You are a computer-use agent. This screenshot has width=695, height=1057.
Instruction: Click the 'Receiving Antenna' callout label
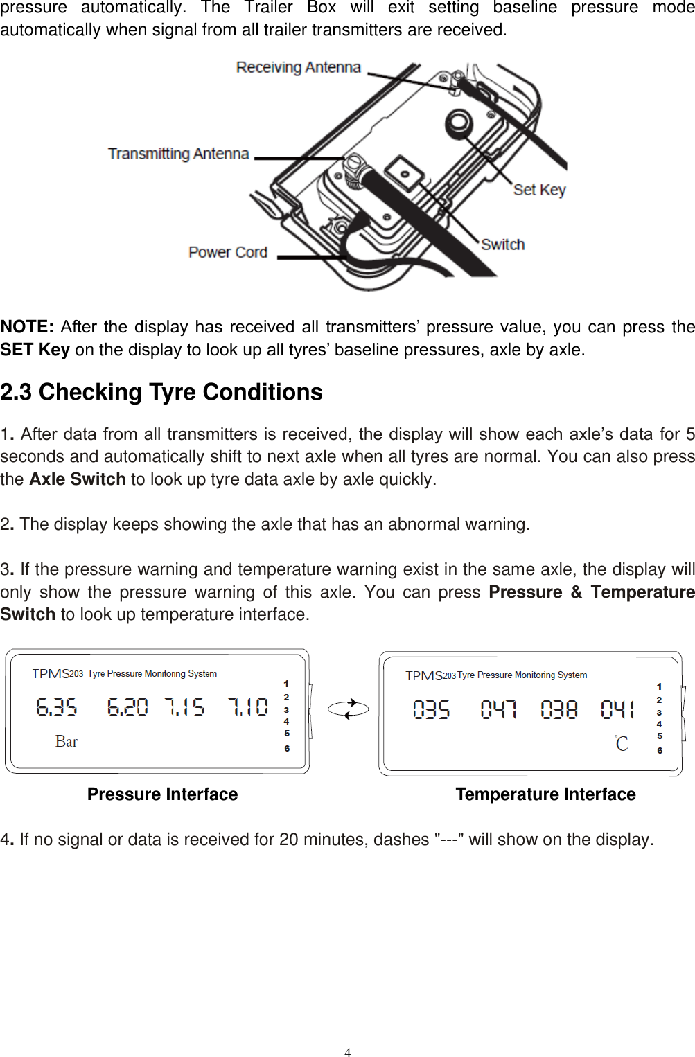pos(298,67)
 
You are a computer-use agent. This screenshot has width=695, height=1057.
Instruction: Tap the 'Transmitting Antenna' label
pos(178,154)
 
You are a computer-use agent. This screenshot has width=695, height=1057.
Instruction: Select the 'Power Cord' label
pos(228,252)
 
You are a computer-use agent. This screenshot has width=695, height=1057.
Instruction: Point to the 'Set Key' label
pos(539,190)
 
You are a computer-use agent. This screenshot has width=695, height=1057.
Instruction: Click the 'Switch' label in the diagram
pos(503,245)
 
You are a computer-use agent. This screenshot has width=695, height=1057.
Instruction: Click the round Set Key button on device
pos(458,125)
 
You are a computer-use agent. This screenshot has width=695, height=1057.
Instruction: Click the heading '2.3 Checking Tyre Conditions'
pos(161,392)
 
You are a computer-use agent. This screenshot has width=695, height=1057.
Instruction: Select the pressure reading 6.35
pos(57,707)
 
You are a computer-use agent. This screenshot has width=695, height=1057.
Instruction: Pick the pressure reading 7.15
pos(184,707)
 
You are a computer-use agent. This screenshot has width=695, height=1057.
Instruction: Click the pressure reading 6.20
pos(127,707)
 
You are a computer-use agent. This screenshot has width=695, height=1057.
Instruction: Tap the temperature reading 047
pos(498,709)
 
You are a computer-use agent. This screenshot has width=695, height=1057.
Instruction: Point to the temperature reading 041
pos(617,709)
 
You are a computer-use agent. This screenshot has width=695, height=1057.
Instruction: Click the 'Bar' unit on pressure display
pos(67,742)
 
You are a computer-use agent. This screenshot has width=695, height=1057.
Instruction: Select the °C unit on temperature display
pos(622,744)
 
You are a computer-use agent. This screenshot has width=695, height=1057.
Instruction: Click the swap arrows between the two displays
pos(348,709)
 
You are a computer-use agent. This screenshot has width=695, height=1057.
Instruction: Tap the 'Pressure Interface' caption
pos(162,794)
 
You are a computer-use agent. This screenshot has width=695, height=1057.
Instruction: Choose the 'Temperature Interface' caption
pos(545,794)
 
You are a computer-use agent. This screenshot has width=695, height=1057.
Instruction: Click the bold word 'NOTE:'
pos(27,327)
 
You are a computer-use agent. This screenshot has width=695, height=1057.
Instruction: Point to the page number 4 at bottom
pos(347,1052)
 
